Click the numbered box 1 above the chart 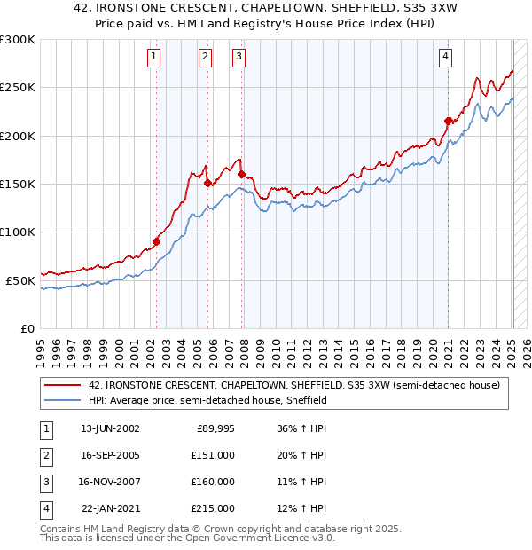tap(154, 57)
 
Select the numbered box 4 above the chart tap(445, 57)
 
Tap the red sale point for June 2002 tap(157, 241)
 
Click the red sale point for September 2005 tap(208, 183)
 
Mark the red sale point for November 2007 tap(241, 175)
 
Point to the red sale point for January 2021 tap(449, 122)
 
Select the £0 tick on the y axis tap(27, 328)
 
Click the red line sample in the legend tap(63, 386)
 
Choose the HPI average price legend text tap(207, 401)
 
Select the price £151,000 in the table tap(214, 455)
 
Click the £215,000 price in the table tap(214, 508)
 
